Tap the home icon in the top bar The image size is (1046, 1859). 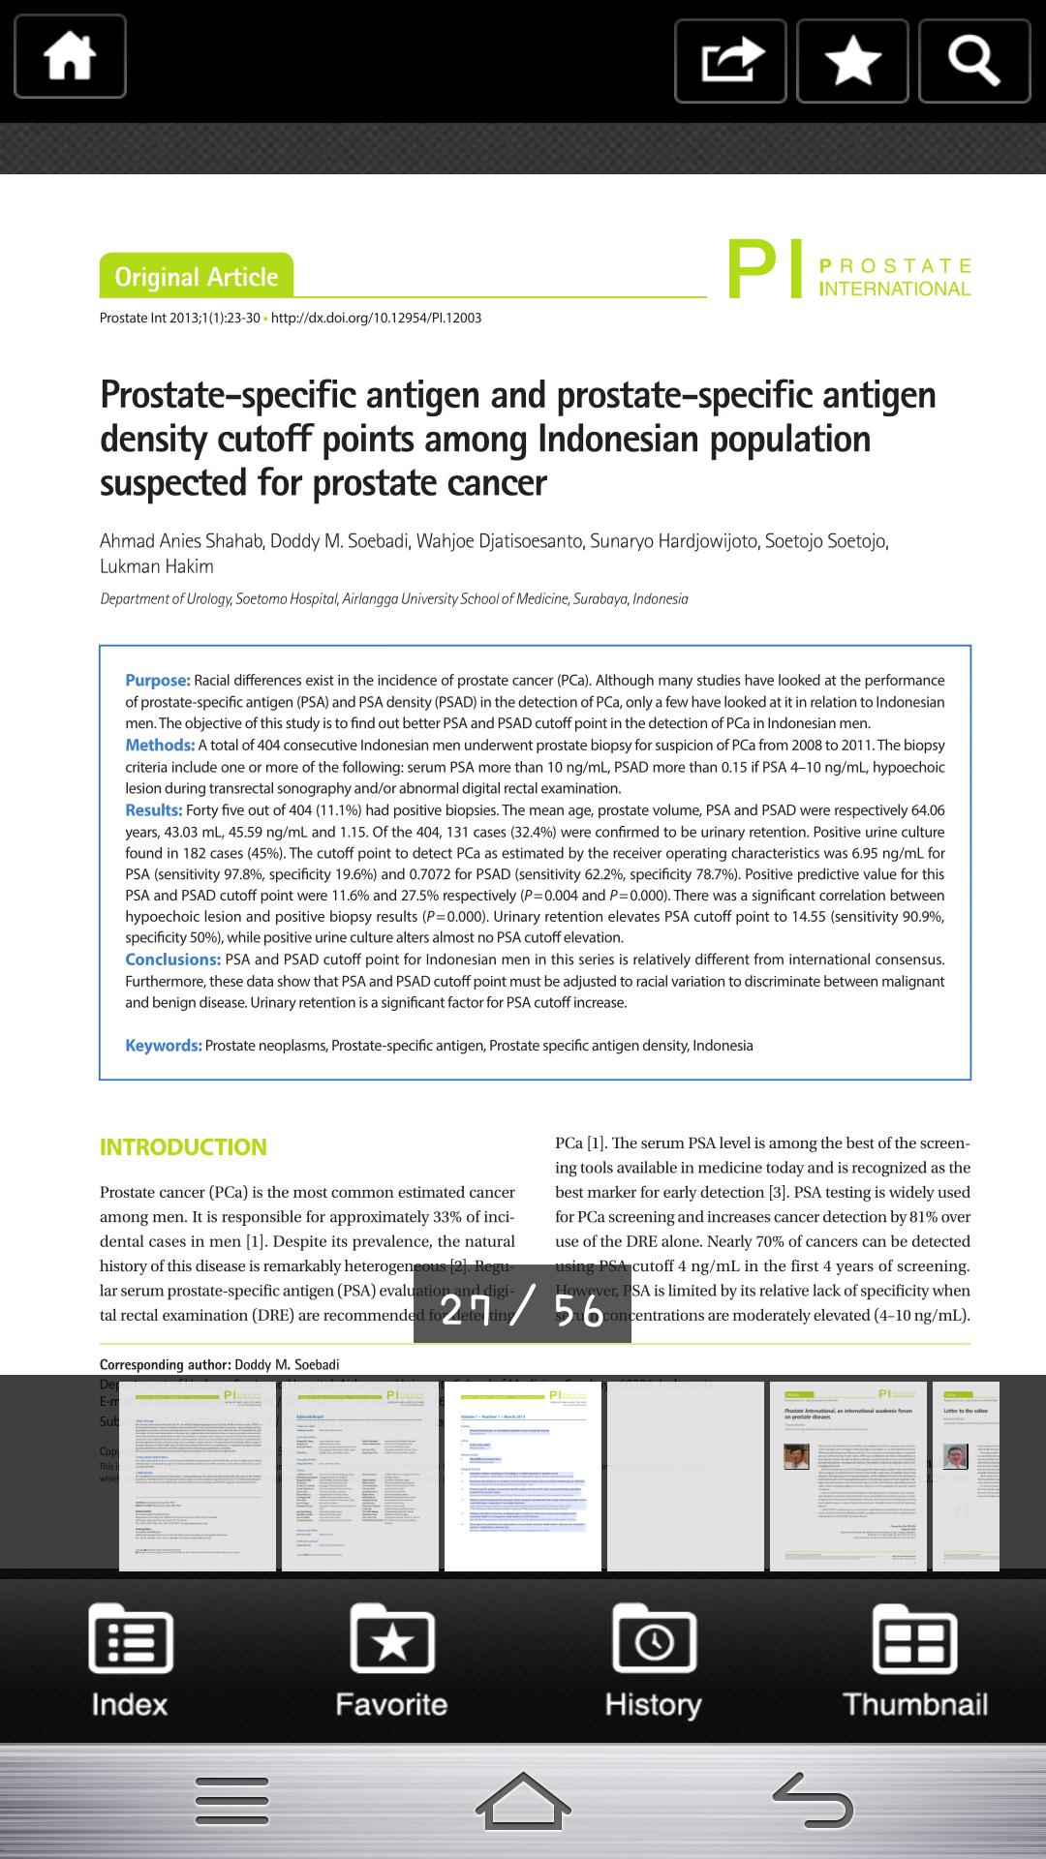point(70,57)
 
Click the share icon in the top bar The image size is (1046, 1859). point(730,60)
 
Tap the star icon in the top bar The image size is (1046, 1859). point(852,60)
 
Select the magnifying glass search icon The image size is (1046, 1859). point(973,60)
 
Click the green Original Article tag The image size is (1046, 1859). point(196,277)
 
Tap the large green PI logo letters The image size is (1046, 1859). point(764,270)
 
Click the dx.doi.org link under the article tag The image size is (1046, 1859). point(376,318)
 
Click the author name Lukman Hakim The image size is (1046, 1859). point(157,566)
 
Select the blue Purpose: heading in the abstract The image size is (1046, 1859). point(158,681)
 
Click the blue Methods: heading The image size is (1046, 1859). point(160,746)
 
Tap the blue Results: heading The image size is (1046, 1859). point(153,810)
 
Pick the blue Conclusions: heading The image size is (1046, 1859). point(173,960)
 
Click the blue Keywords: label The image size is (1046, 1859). point(163,1046)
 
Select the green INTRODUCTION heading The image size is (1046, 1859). point(183,1147)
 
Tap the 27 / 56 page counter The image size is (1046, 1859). point(522,1309)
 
